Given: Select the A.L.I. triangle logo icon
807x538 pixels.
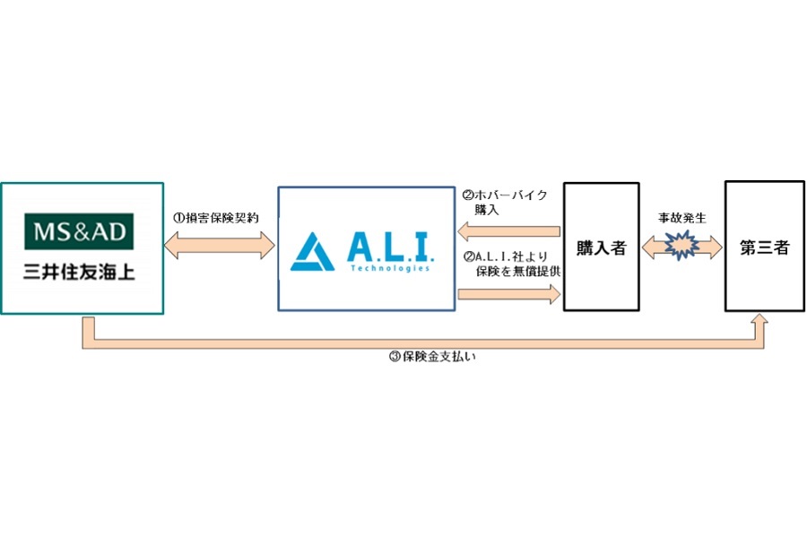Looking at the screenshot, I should point(313,252).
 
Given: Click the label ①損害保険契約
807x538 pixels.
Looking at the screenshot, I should point(216,218).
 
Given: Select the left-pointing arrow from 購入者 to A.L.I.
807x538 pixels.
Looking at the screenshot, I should point(508,232).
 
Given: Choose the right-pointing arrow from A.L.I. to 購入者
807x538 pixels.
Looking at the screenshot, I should point(508,294).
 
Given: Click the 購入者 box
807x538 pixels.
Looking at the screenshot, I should point(601,247).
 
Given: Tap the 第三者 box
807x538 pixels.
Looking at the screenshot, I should point(764,247).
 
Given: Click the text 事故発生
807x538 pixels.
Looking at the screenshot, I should point(682,218).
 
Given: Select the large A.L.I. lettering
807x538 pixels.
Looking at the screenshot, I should point(387,246).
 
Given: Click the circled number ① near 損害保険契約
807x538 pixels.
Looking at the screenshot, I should point(178,218).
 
